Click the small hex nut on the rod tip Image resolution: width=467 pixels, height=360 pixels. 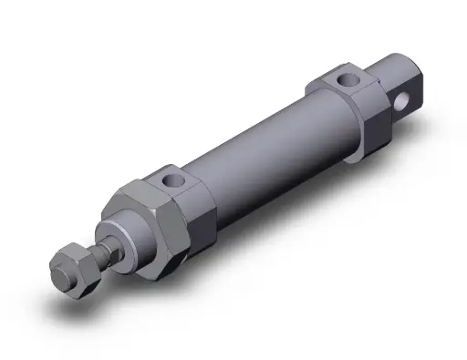74,268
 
